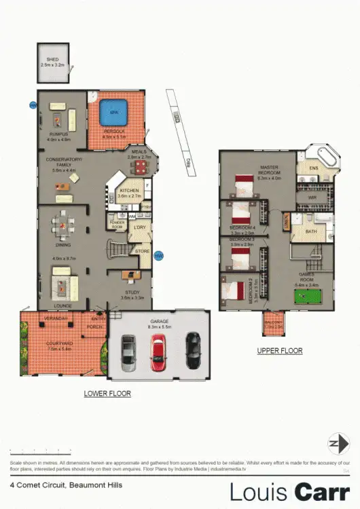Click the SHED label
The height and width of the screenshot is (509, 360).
click(51, 60)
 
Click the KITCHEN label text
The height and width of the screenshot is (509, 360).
click(129, 191)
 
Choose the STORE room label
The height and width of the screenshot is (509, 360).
click(142, 252)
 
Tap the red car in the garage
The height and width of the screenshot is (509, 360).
click(158, 352)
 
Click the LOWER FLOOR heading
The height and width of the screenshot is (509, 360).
click(107, 394)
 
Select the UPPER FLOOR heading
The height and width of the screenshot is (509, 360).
click(279, 351)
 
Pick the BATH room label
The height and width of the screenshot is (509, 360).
click(311, 232)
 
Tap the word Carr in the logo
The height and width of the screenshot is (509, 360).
click(320, 490)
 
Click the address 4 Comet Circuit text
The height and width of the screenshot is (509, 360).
click(35, 485)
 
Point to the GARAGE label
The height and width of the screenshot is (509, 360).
click(160, 324)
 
